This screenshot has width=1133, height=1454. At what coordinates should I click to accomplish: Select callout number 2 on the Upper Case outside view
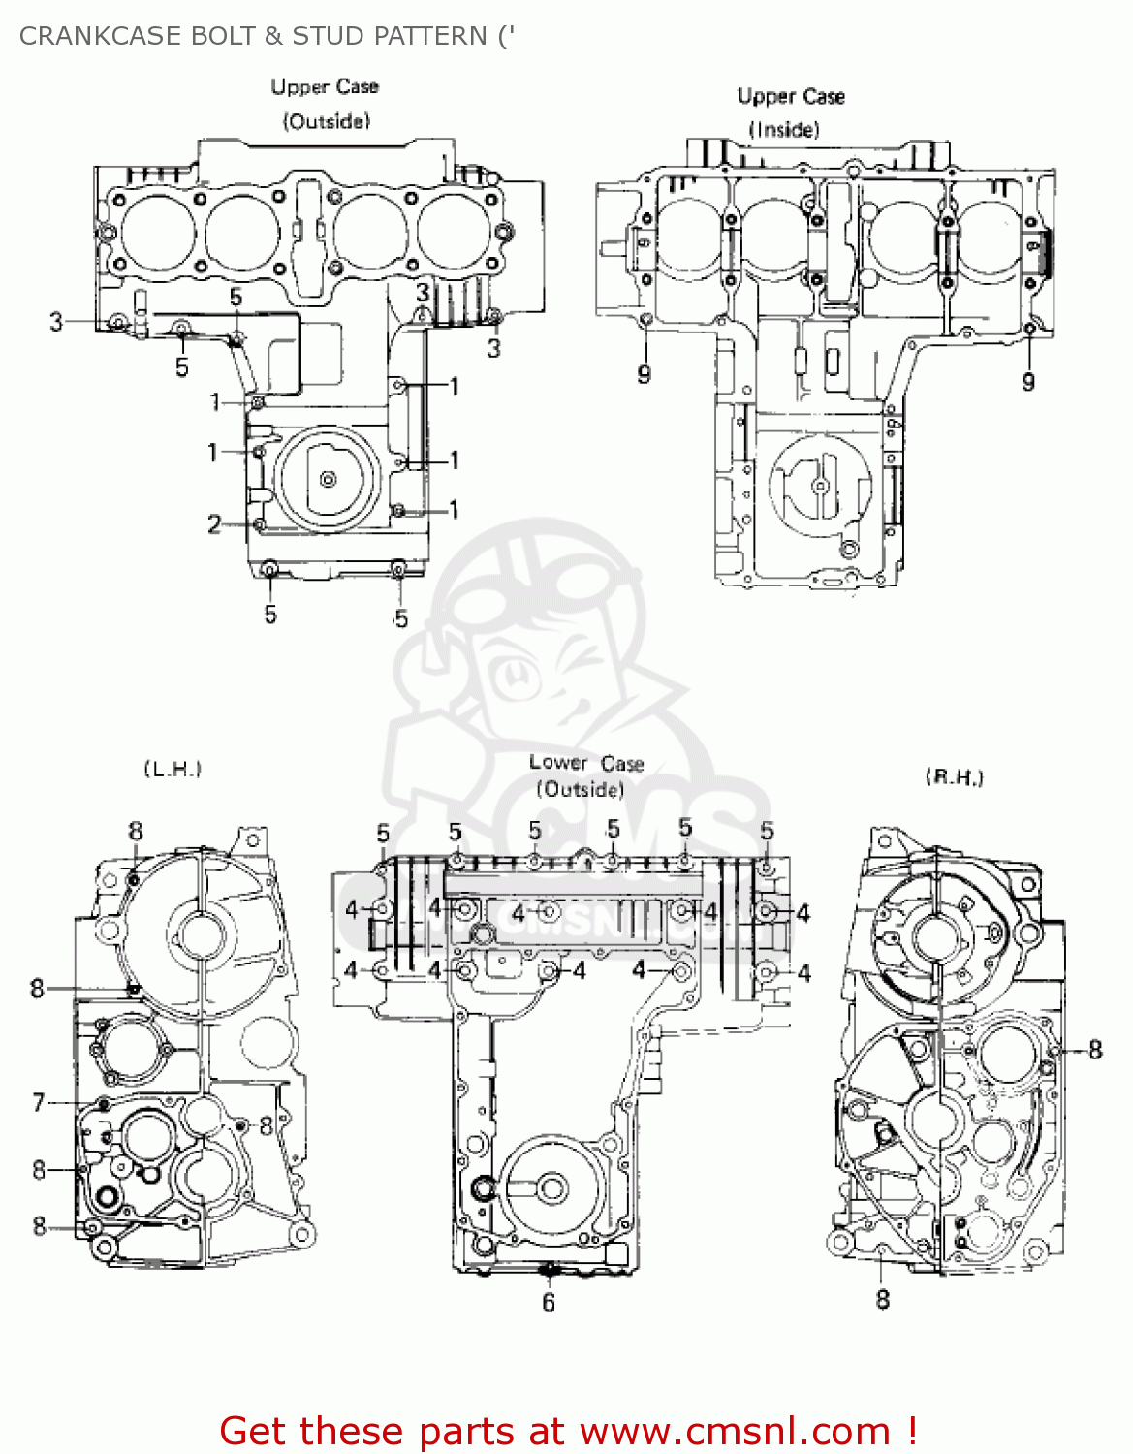click(x=214, y=524)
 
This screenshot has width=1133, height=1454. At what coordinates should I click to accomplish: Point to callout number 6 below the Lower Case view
click(x=549, y=1303)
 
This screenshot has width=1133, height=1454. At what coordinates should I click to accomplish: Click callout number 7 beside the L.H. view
click(x=39, y=1102)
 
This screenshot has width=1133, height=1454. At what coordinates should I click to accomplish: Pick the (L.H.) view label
click(x=173, y=769)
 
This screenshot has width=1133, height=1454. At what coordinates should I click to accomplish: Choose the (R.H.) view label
click(x=955, y=776)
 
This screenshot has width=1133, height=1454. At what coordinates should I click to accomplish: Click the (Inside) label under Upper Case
click(x=784, y=129)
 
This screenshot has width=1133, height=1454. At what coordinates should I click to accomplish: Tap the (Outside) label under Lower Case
click(x=580, y=789)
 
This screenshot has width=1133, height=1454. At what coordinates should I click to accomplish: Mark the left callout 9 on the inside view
click(x=645, y=374)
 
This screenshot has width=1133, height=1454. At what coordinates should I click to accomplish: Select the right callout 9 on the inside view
click(x=1028, y=382)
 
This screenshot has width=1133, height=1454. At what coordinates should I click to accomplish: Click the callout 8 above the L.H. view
click(x=135, y=831)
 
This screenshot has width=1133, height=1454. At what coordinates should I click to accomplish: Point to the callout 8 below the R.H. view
click(x=882, y=1299)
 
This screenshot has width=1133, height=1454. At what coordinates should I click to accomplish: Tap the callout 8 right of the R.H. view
click(x=1095, y=1050)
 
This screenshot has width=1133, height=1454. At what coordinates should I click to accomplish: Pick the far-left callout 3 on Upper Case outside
click(x=56, y=321)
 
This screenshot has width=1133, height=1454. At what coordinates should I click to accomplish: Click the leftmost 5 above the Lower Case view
click(x=383, y=833)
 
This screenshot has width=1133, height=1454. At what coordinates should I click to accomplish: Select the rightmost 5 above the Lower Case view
click(x=767, y=831)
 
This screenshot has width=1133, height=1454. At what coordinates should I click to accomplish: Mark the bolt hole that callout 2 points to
click(x=260, y=524)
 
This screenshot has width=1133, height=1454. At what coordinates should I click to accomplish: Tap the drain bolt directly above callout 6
click(x=549, y=1269)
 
